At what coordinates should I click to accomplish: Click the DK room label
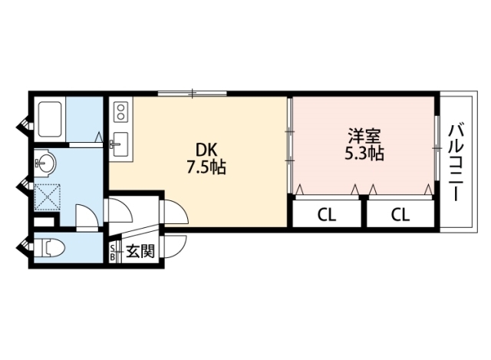click(206, 150)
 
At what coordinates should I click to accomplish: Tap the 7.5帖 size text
click(206, 167)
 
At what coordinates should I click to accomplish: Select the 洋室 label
click(364, 137)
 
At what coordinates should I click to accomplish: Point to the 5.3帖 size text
click(364, 154)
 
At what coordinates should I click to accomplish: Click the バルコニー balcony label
click(456, 162)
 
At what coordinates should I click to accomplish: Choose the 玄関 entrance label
click(140, 251)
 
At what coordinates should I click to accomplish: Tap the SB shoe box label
click(112, 253)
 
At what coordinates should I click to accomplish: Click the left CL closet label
click(327, 215)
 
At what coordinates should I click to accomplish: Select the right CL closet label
click(400, 215)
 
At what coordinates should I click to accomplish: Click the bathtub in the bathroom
click(49, 119)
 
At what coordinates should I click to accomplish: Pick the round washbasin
click(45, 163)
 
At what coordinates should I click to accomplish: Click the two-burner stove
click(121, 113)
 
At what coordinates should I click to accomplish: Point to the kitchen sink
click(120, 144)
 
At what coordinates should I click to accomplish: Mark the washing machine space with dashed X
click(48, 197)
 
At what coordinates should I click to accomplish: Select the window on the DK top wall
click(192, 93)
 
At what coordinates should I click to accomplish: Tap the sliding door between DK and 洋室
click(290, 146)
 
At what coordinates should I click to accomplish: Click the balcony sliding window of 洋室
click(437, 148)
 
